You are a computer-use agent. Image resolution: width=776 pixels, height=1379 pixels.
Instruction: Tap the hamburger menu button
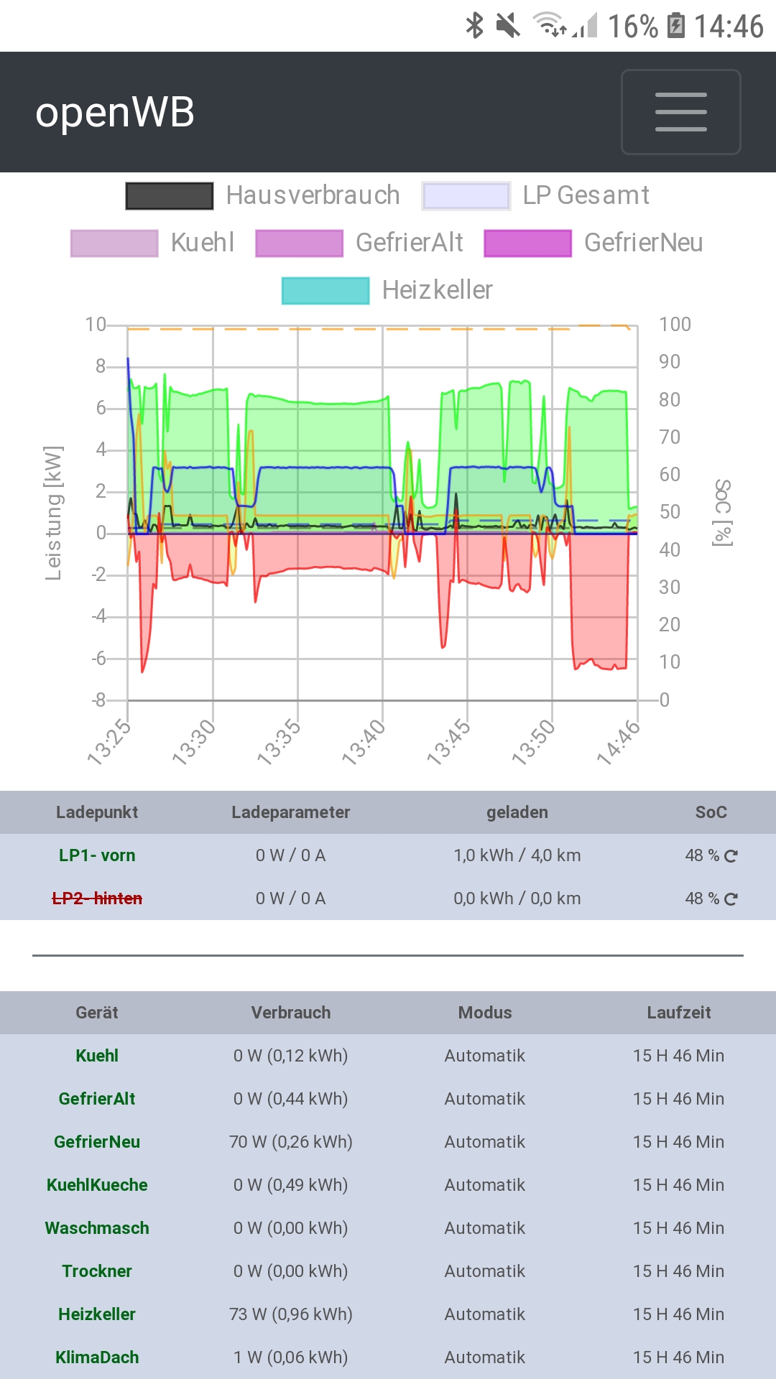click(680, 112)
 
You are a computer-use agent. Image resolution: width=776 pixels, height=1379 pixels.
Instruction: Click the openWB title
click(115, 113)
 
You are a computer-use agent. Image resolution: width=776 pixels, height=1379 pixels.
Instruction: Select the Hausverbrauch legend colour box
click(170, 195)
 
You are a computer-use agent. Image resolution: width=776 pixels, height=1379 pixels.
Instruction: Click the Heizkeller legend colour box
click(325, 290)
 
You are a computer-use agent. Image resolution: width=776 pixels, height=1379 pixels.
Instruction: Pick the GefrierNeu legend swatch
click(527, 243)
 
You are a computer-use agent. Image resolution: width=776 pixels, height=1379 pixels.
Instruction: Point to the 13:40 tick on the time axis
click(364, 743)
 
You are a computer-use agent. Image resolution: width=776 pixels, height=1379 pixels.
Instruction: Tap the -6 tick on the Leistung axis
click(99, 658)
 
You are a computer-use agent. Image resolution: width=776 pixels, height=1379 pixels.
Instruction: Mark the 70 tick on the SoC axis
click(670, 437)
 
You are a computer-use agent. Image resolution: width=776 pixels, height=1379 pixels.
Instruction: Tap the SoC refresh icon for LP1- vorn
click(731, 856)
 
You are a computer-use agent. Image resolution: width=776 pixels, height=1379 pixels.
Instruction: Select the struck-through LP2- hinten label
click(97, 899)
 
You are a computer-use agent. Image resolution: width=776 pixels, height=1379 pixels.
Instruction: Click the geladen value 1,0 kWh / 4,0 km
click(517, 855)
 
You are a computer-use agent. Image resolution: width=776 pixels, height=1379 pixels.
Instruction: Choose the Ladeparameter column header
click(290, 812)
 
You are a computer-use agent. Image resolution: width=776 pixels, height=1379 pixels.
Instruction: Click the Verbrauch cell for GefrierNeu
click(290, 1142)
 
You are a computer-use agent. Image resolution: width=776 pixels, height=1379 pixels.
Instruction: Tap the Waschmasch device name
click(97, 1228)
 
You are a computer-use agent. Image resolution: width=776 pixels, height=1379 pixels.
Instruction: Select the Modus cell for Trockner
click(484, 1271)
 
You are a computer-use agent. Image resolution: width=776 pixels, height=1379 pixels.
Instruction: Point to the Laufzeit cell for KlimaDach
click(678, 1357)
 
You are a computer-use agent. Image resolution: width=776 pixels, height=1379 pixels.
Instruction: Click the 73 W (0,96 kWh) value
click(290, 1314)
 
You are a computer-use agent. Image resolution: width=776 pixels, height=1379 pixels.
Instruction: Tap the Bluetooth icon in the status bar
click(474, 26)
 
